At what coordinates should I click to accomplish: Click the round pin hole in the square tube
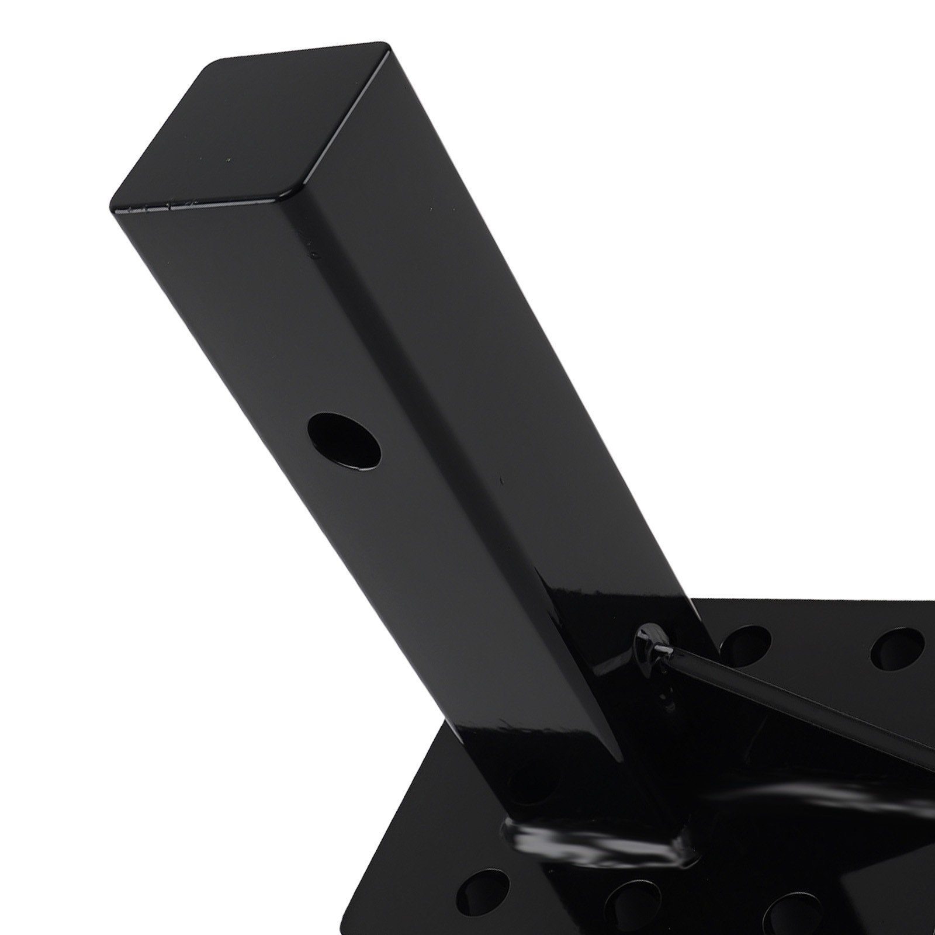click(345, 441)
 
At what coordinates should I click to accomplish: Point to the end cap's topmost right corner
click(383, 46)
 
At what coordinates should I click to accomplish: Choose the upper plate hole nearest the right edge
click(897, 650)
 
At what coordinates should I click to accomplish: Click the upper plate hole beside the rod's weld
click(745, 643)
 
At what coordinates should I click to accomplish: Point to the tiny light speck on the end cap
click(228, 160)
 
